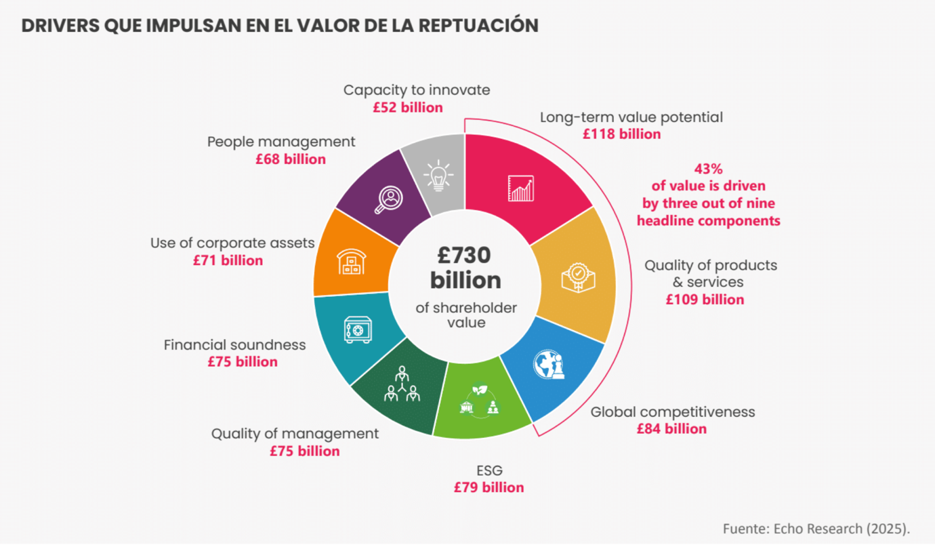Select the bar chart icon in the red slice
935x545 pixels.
point(520,188)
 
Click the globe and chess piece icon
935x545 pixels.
point(549,365)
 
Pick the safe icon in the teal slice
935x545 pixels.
point(357,329)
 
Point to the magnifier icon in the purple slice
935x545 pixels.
point(390,199)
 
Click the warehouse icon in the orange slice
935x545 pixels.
point(351,262)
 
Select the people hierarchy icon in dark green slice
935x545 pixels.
point(402,384)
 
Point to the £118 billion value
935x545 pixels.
point(621,134)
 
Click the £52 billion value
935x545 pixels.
point(407,107)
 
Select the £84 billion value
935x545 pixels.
point(671,428)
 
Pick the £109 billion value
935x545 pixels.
point(705,299)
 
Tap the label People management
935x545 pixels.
point(281,142)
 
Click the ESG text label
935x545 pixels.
point(489,470)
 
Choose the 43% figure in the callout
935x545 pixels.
point(708,169)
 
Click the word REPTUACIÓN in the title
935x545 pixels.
point(469,26)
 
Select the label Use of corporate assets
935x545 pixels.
point(232,243)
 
